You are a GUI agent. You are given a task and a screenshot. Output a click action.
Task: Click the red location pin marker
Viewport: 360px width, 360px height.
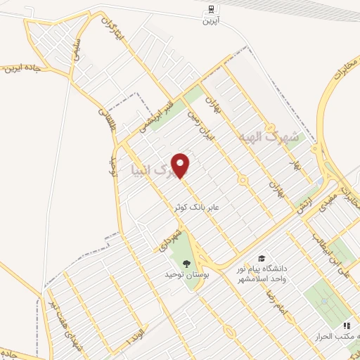click(181, 165)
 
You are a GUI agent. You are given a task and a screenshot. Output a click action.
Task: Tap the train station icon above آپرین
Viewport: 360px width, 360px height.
click(211, 10)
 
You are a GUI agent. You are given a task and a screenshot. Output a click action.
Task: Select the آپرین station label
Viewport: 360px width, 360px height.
click(211, 22)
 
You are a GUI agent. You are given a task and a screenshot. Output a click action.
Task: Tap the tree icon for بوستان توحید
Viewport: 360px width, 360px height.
click(186, 264)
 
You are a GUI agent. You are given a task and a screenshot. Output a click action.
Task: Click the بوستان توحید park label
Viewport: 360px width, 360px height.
click(185, 276)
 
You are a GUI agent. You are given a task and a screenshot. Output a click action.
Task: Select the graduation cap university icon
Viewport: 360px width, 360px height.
click(262, 259)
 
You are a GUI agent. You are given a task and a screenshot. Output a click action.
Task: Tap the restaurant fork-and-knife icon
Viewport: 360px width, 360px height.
click(345, 326)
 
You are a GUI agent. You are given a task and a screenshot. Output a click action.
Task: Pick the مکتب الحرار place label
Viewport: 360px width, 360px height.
click(337, 337)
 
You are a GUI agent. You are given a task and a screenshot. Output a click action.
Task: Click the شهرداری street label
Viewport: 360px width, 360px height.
click(169, 237)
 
